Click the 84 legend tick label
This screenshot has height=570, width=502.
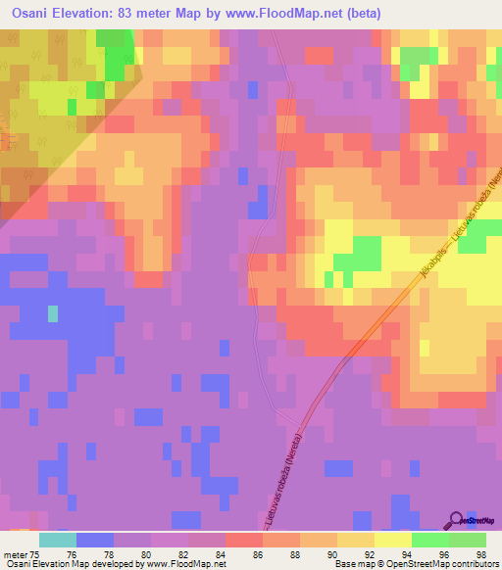pos(225,554)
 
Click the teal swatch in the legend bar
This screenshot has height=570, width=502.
pos(57,540)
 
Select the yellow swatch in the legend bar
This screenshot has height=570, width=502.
pos(392,540)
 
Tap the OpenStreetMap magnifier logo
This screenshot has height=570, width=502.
pos(457,520)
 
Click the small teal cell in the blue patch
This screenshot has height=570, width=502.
pos(53,314)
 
